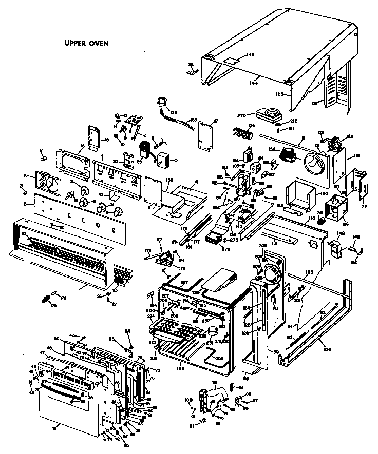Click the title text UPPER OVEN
point(86,43)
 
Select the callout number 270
point(243,115)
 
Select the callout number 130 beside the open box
point(324,194)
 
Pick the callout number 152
point(272,149)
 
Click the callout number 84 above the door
point(128,331)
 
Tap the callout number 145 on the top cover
point(251,54)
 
